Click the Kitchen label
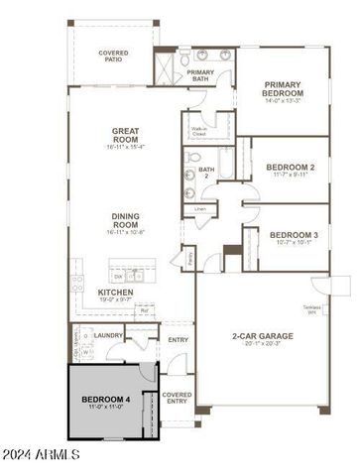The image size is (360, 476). point(116,293)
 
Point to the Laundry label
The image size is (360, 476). point(109,335)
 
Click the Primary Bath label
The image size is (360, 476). point(200,76)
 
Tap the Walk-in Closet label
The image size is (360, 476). point(199,130)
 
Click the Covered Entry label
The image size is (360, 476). point(177,397)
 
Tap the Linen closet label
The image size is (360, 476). point(200,209)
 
